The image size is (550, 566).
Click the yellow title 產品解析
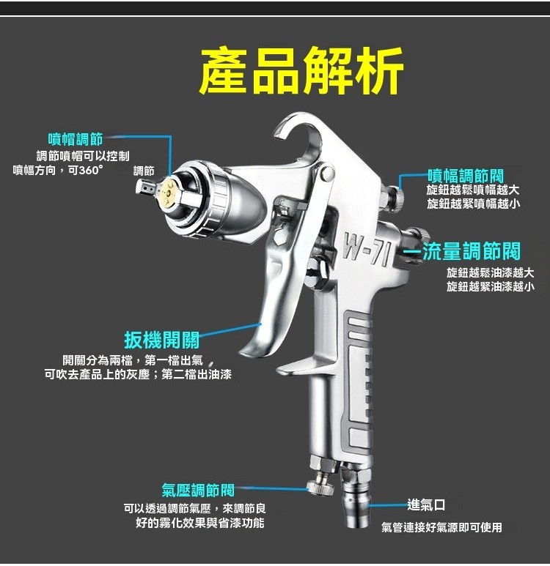coord(301,71)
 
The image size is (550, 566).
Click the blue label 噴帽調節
coord(75,138)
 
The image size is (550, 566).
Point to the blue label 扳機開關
coord(161,340)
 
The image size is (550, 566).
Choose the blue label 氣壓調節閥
coord(198,490)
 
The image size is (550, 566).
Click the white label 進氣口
coord(426,505)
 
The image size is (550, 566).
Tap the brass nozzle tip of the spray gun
coord(167,188)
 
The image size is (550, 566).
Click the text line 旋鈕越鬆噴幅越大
coord(474,190)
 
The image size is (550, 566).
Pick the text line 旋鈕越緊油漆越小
coord(490,286)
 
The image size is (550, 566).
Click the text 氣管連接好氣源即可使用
coord(441,527)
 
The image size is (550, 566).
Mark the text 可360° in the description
coord(86,170)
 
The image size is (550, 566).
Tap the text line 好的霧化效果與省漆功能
coord(200,523)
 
